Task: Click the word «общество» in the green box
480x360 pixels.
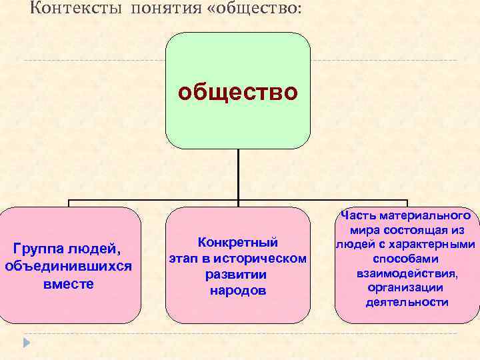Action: pos(237,92)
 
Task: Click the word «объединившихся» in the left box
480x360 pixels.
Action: pos(69,266)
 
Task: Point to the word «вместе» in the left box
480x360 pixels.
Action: pos(69,283)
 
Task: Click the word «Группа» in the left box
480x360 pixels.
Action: pos(37,249)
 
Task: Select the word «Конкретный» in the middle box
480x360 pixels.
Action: pos(238,242)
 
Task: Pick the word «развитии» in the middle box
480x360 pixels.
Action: pos(237,274)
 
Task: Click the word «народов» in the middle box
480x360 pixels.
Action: pos(237,291)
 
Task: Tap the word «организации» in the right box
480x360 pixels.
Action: pos(405,287)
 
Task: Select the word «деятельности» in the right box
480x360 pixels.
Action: pos(407,302)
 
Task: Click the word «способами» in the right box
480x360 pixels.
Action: pos(405,259)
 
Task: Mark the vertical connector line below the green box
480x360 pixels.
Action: pos(238,173)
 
